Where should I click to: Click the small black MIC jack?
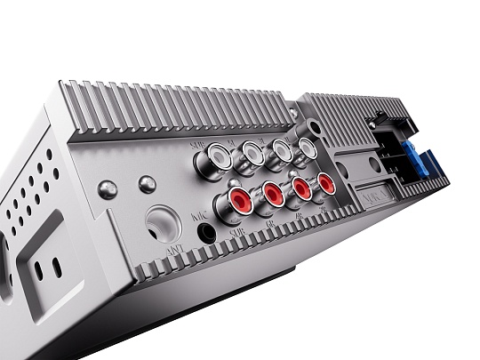208,233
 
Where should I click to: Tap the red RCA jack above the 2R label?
326,183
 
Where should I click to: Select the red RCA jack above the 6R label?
272,191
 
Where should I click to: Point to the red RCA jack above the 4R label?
301,187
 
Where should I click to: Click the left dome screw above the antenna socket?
108,188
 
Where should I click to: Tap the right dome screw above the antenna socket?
147,184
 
